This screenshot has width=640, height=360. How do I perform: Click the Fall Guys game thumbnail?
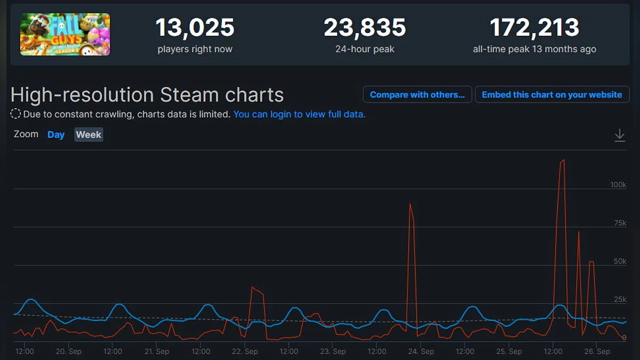tap(65, 34)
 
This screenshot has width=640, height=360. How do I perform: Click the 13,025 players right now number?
tap(195, 28)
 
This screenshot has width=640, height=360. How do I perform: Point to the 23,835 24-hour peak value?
tap(365, 28)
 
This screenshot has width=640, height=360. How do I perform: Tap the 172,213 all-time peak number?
tap(534, 28)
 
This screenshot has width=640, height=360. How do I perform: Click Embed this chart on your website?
tap(552, 94)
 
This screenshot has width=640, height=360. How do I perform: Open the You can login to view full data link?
tap(299, 114)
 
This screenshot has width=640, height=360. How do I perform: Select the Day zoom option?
tap(56, 134)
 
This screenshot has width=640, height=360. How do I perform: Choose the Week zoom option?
tap(89, 134)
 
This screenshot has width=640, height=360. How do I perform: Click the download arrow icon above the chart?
tap(619, 135)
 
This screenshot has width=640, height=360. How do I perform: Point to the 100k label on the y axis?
tap(618, 185)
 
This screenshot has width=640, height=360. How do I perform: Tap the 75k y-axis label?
tap(620, 223)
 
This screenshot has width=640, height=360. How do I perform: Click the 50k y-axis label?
tap(620, 261)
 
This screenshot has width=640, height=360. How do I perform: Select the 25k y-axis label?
tap(620, 300)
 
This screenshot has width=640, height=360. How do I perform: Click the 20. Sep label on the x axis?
tap(69, 351)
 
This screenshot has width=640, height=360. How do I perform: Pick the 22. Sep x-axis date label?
tap(245, 351)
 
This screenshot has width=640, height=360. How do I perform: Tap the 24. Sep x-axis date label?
tap(421, 351)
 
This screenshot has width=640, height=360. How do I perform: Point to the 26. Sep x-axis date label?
tap(597, 351)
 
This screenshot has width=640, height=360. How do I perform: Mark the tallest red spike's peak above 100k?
tap(563, 160)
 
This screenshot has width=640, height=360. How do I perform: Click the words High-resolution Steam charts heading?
tap(147, 95)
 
